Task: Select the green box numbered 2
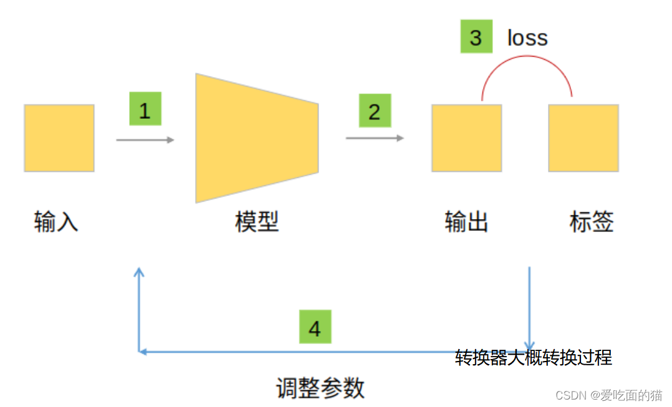tap(374, 111)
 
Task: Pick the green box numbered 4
tap(315, 327)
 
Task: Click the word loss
tap(527, 38)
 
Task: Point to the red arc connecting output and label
tap(527, 57)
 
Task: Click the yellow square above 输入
tap(59, 138)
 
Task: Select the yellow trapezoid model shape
tap(256, 138)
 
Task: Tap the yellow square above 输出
tap(466, 138)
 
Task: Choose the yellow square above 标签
tap(583, 138)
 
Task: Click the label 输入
tap(56, 222)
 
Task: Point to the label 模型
tap(256, 222)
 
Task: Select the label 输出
tap(466, 222)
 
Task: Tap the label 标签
tap(592, 222)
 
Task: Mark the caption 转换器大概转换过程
tap(533, 358)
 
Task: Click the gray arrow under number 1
tap(145, 140)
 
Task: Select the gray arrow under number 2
tap(374, 138)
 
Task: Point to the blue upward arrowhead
tap(139, 272)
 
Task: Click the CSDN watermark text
tap(608, 395)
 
